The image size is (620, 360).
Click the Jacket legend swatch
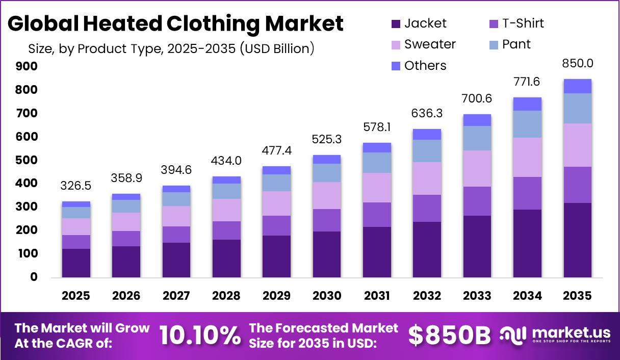pos(396,24)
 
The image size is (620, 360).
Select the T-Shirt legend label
pos(523,23)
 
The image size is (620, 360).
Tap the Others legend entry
pos(419,66)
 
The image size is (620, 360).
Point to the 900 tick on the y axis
pos(27,66)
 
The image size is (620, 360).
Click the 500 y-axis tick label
pos(27,160)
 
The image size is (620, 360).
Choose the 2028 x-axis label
pos(226,296)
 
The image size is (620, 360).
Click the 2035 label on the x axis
pos(577,296)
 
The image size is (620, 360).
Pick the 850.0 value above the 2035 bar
pos(578,63)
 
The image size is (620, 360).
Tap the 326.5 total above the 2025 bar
pos(76,186)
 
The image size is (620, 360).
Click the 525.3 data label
pos(327,139)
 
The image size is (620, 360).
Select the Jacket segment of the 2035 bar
pos(578,240)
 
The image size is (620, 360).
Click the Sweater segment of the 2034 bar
pos(528,157)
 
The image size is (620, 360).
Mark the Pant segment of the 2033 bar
pos(477,138)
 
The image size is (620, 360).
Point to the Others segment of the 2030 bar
pos(327,159)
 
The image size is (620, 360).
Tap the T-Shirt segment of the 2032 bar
pos(427,208)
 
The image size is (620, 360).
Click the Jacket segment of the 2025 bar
pos(76,263)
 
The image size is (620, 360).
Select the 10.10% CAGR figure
pos(200,336)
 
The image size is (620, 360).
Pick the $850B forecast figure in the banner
pos(449,336)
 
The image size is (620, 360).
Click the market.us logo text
pos(571,332)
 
